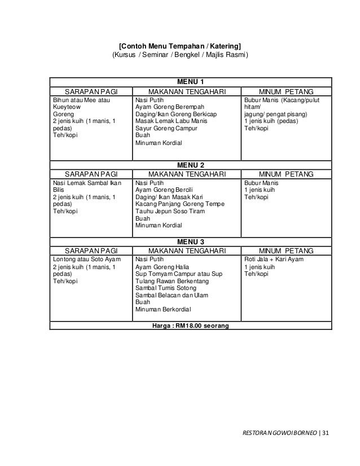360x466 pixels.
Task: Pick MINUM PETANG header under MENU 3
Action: click(x=287, y=250)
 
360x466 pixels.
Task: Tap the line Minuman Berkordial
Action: click(x=164, y=309)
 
